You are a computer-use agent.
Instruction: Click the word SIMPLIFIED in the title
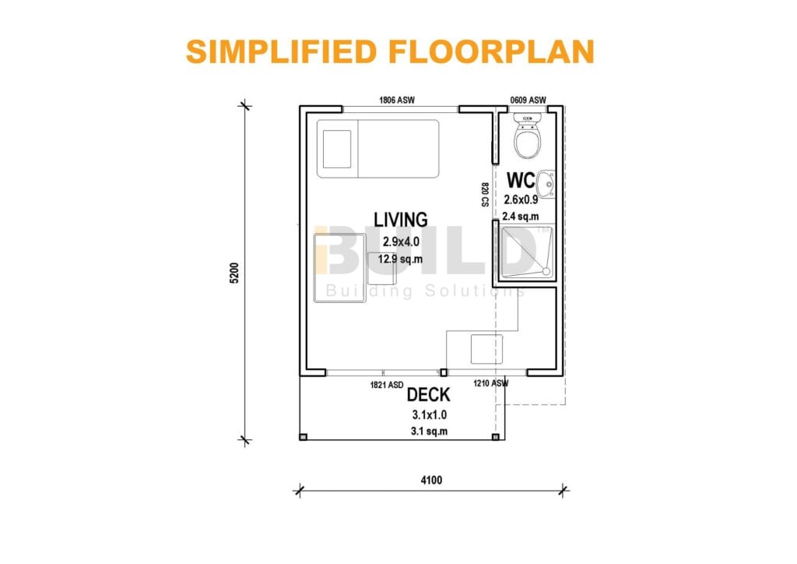click(281, 51)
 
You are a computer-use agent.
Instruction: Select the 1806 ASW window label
click(396, 100)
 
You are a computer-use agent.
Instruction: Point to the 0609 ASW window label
click(528, 100)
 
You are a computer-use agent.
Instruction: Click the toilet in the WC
click(528, 136)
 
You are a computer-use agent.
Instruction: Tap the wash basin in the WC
click(547, 184)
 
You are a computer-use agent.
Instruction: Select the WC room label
click(521, 180)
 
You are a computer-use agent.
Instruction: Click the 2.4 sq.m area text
click(521, 216)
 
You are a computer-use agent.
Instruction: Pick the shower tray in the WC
click(526, 252)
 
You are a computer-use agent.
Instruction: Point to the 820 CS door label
click(485, 194)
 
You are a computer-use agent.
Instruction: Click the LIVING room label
click(401, 220)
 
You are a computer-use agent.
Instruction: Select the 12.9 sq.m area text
click(400, 259)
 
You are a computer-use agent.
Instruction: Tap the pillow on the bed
click(337, 149)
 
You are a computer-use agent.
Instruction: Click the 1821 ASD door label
click(387, 385)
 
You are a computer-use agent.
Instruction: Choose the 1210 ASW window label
click(490, 383)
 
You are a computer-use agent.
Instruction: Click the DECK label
click(429, 395)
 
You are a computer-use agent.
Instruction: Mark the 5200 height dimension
click(234, 273)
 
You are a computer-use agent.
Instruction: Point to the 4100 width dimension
click(431, 480)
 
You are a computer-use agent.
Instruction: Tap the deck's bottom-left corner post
click(303, 437)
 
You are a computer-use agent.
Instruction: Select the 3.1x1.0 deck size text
click(430, 415)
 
